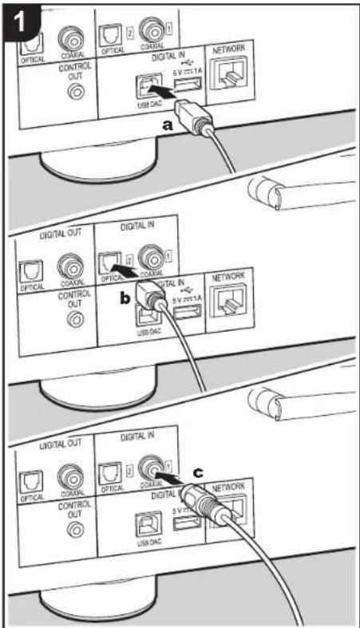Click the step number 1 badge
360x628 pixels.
(22, 22)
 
